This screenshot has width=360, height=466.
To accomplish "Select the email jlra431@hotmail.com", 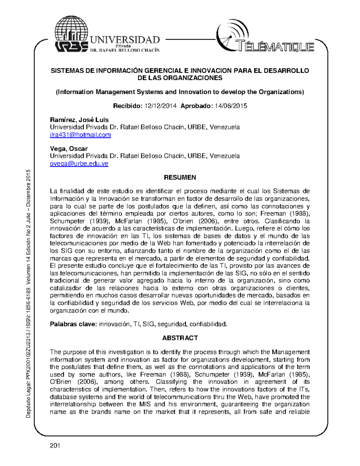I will tap(80, 135).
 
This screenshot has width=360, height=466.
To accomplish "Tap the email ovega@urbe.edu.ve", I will tap(79, 164).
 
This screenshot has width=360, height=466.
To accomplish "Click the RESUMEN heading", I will tap(180, 177).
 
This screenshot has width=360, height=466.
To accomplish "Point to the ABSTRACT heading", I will tap(180, 338).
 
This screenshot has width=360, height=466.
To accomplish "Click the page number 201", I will tap(55, 445).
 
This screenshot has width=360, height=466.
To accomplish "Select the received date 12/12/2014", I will tap(160, 106).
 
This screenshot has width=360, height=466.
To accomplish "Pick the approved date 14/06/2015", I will tap(231, 106).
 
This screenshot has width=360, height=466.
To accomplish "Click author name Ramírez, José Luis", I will tap(79, 120).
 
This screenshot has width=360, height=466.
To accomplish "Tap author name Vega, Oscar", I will tap(69, 149).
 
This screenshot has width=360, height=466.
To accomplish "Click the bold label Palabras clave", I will tap(73, 324).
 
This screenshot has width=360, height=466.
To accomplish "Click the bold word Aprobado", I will tap(196, 106).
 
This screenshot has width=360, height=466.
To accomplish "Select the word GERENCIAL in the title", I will tap(163, 71).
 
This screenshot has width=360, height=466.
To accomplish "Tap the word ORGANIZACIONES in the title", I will tap(196, 78).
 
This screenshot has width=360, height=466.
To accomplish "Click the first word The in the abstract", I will tap(55, 352).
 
